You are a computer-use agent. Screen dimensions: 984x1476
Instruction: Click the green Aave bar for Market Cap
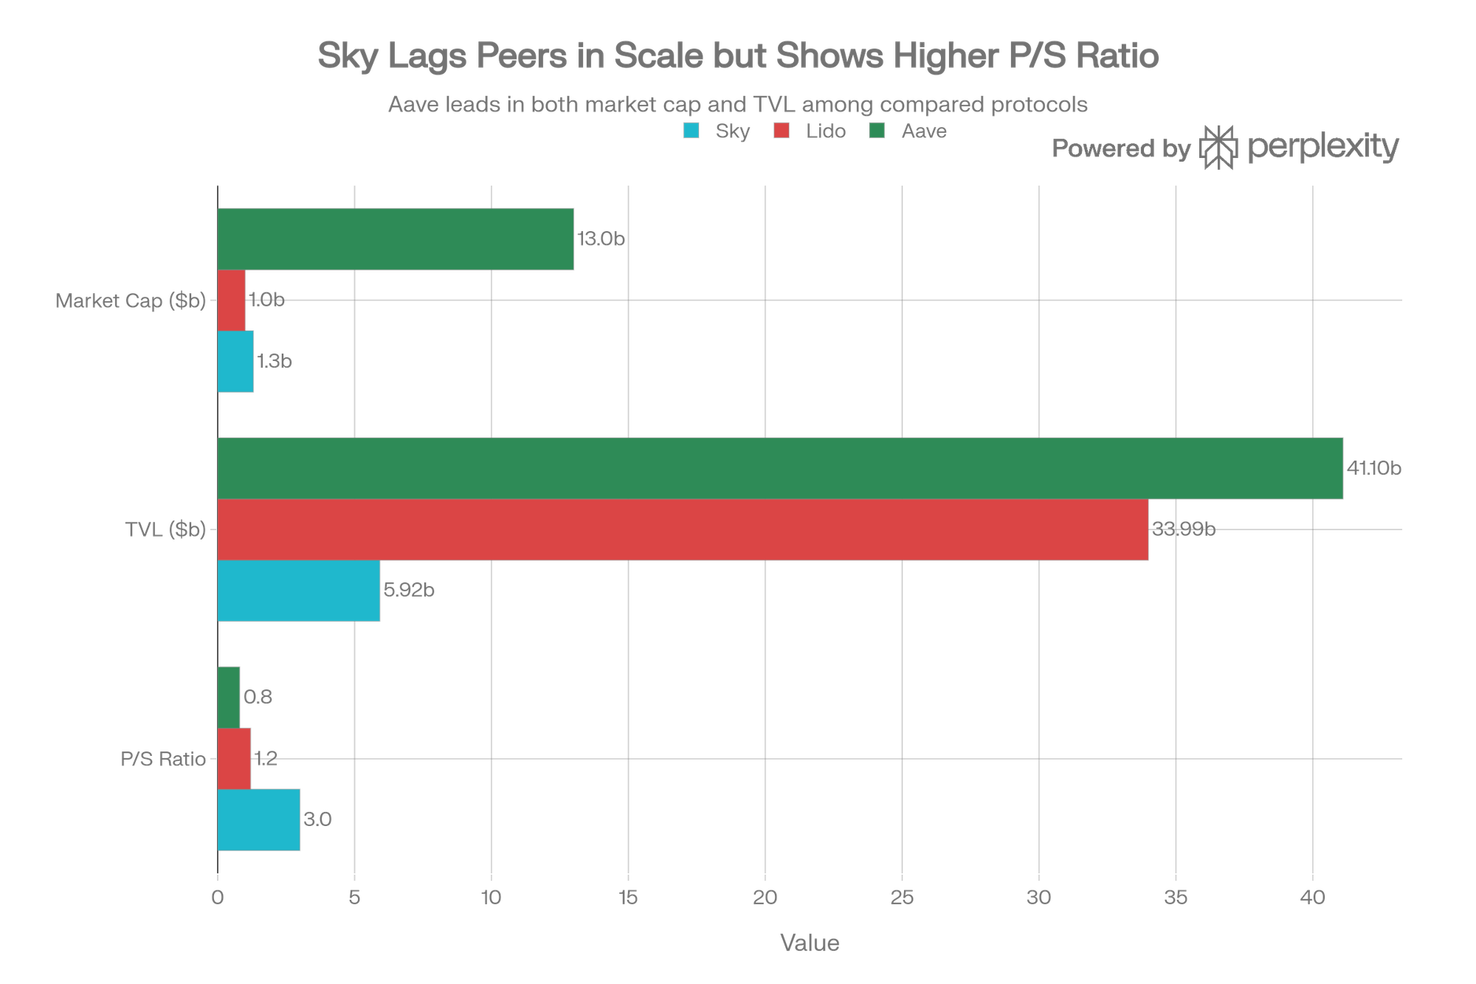(x=396, y=239)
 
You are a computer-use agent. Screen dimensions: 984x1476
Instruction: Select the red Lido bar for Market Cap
(x=232, y=300)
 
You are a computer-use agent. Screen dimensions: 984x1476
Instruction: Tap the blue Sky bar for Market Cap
(x=235, y=361)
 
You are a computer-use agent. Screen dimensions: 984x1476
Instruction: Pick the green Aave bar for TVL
(x=780, y=468)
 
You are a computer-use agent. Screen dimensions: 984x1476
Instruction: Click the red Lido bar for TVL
(x=683, y=529)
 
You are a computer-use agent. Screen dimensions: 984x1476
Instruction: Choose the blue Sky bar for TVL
(x=299, y=591)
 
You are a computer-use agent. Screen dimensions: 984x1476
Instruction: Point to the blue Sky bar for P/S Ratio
(x=259, y=819)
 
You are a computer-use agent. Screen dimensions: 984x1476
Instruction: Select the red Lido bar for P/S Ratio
(x=234, y=758)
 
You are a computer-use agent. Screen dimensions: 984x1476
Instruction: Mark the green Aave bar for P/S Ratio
(x=229, y=697)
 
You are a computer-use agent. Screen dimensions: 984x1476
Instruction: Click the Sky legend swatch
(x=692, y=132)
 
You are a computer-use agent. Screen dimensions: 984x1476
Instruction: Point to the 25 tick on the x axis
(x=902, y=898)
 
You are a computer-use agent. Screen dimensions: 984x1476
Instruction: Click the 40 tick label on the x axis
(x=1312, y=898)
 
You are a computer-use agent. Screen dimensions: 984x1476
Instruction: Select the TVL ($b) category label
(x=165, y=530)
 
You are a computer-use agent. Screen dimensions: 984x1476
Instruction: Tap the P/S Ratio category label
(x=163, y=759)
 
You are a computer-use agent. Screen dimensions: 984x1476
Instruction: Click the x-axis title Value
(x=810, y=943)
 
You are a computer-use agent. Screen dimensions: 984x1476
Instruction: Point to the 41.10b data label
(x=1373, y=468)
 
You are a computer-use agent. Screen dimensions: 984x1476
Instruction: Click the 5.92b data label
(x=409, y=591)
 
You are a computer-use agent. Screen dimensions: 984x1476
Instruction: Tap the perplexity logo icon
(x=1219, y=148)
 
